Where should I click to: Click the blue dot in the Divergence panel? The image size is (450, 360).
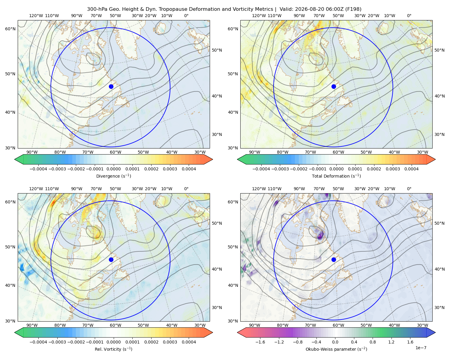point(111,86)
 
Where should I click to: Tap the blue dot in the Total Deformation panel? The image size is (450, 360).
point(334,86)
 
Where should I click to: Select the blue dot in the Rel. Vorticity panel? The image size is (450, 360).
point(111,259)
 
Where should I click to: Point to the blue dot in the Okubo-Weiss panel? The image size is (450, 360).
point(334,259)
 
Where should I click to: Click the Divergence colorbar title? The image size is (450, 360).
point(113,176)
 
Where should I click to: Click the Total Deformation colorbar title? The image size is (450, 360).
point(336,176)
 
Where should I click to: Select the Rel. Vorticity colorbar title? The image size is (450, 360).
point(113,349)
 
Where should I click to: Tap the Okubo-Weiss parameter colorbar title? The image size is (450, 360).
point(336,349)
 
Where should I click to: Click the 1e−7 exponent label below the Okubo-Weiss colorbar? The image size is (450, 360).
point(421,348)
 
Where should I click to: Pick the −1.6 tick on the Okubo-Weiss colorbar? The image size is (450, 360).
point(260,342)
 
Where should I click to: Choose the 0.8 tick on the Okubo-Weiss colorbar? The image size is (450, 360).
point(373,342)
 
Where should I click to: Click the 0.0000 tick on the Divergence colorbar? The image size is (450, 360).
point(113,169)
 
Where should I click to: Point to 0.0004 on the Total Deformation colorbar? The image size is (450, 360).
point(411,169)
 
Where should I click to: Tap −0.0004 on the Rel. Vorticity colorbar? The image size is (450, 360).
point(38,342)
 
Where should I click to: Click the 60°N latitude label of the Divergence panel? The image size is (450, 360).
point(10,29)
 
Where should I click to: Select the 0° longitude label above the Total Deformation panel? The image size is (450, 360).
point(409,16)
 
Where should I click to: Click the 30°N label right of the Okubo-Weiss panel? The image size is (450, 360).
point(439,307)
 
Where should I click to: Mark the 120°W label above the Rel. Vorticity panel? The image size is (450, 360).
point(36,189)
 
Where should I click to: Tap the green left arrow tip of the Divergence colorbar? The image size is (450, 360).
point(15,159)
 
